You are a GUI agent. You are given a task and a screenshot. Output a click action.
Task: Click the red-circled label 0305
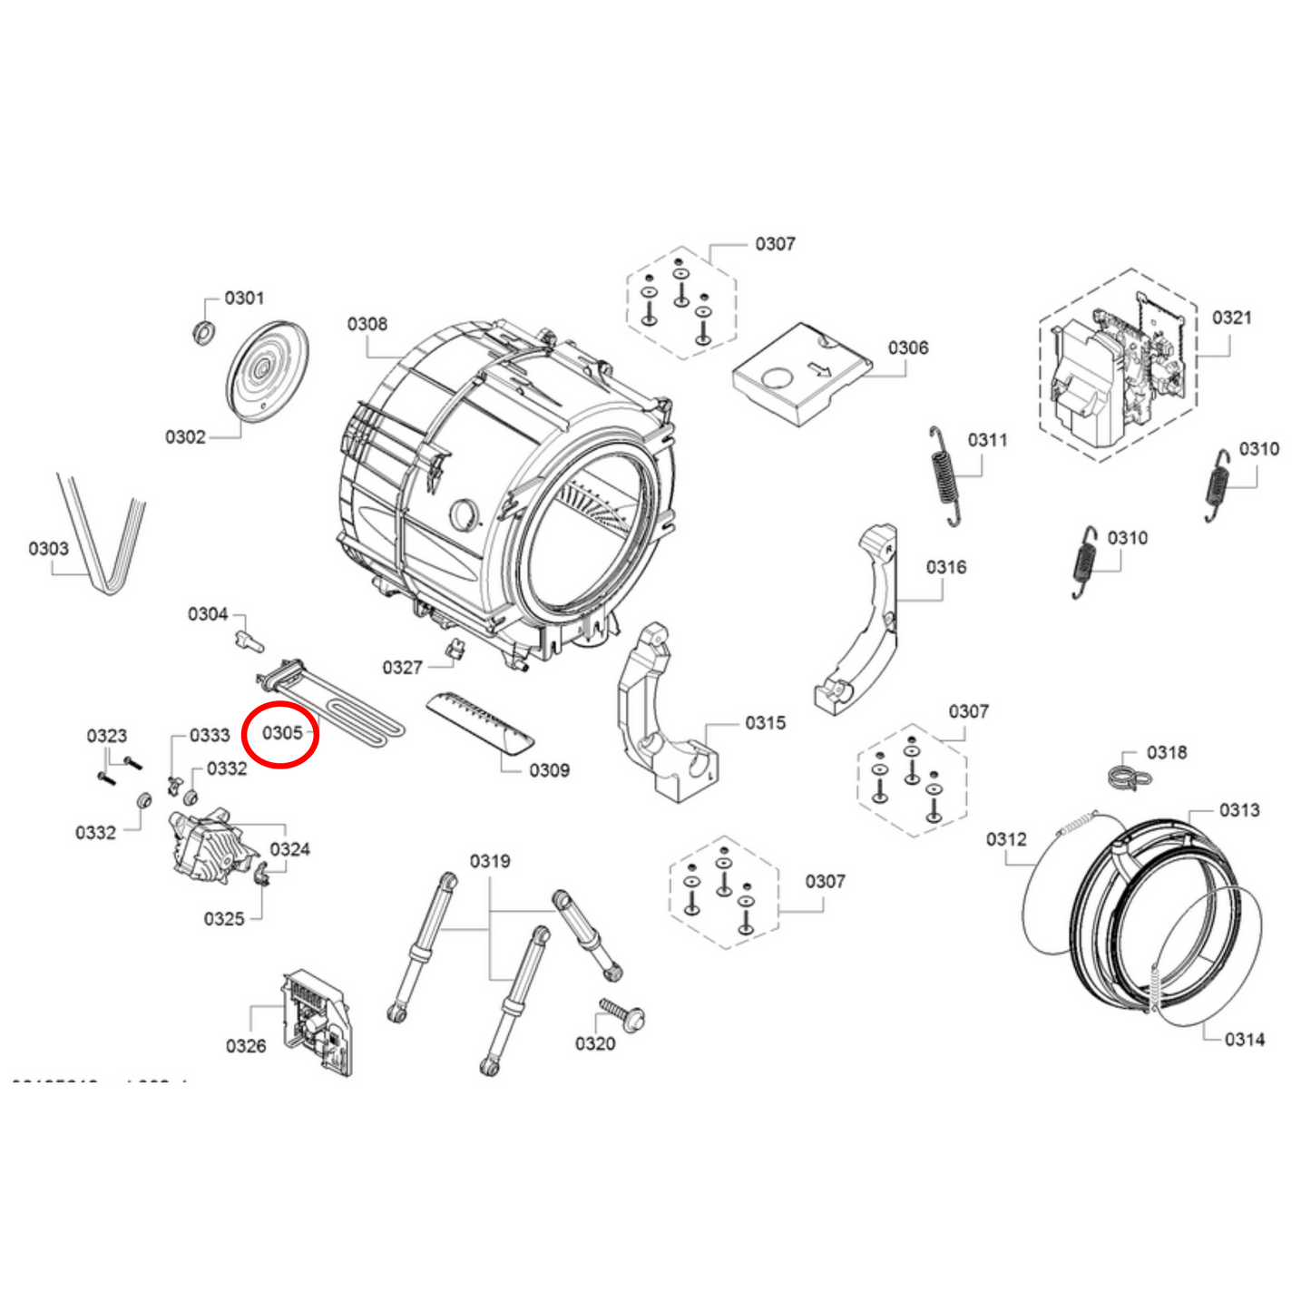pos(281,733)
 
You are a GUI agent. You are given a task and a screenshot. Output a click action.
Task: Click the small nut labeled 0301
pos(204,333)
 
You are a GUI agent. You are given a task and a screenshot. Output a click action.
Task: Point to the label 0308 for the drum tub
pos(367,325)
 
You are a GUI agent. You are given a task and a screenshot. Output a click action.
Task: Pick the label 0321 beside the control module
pos(1231,318)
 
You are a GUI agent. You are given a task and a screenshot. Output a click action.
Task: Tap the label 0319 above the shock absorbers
pos(489,861)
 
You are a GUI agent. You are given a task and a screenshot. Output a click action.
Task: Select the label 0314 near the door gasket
pos(1244,1040)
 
